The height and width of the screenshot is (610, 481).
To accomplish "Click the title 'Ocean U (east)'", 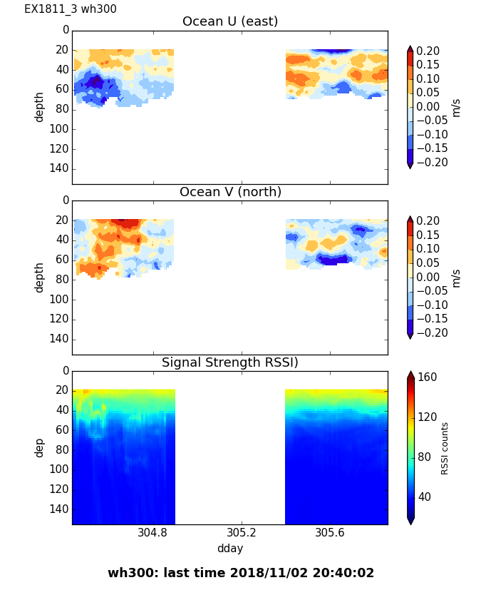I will (x=230, y=21).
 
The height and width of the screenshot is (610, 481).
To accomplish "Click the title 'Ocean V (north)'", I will (x=230, y=192).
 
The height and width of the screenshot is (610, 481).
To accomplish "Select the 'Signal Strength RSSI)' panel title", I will (x=230, y=362).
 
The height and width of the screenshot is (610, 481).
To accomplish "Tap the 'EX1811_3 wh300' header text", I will (x=71, y=9).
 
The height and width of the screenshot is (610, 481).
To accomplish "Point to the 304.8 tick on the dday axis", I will (x=152, y=533).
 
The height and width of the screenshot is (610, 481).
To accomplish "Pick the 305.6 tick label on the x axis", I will (x=330, y=533).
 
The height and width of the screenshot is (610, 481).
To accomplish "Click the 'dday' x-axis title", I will (x=230, y=549).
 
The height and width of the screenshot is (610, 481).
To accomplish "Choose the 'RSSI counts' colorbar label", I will (x=445, y=447).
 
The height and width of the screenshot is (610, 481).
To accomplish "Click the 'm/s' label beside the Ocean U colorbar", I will (x=457, y=107).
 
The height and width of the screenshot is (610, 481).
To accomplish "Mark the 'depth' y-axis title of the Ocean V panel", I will (x=40, y=277).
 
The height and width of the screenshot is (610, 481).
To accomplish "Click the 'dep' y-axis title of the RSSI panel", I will (x=40, y=447).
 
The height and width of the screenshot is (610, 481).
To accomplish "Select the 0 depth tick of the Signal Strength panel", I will (x=66, y=370).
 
